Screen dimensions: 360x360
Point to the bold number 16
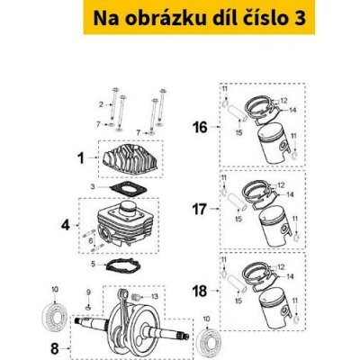pyautogui.click(x=200, y=128)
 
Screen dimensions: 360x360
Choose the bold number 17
pyautogui.click(x=200, y=213)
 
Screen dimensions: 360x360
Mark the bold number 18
pyautogui.click(x=200, y=292)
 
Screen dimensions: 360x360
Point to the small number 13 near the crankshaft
pyautogui.click(x=154, y=296)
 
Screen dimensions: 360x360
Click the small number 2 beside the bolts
pyautogui.click(x=101, y=105)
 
